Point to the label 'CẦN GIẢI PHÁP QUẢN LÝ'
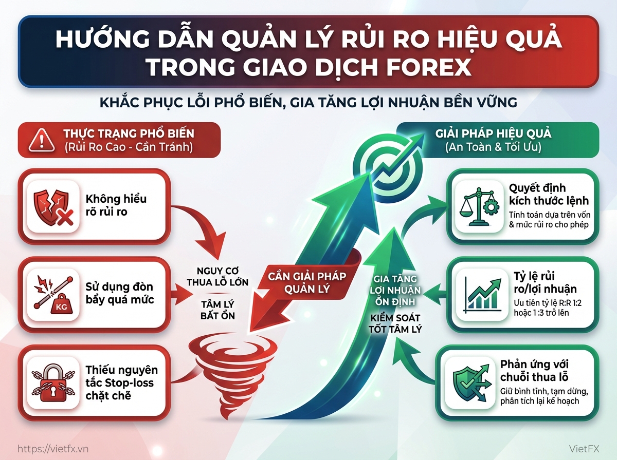click(x=307, y=282)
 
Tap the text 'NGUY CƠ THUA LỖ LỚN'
click(x=217, y=277)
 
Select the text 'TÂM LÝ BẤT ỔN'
click(x=217, y=310)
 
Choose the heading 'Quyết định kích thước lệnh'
click(x=549, y=194)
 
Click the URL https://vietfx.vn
click(x=53, y=448)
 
